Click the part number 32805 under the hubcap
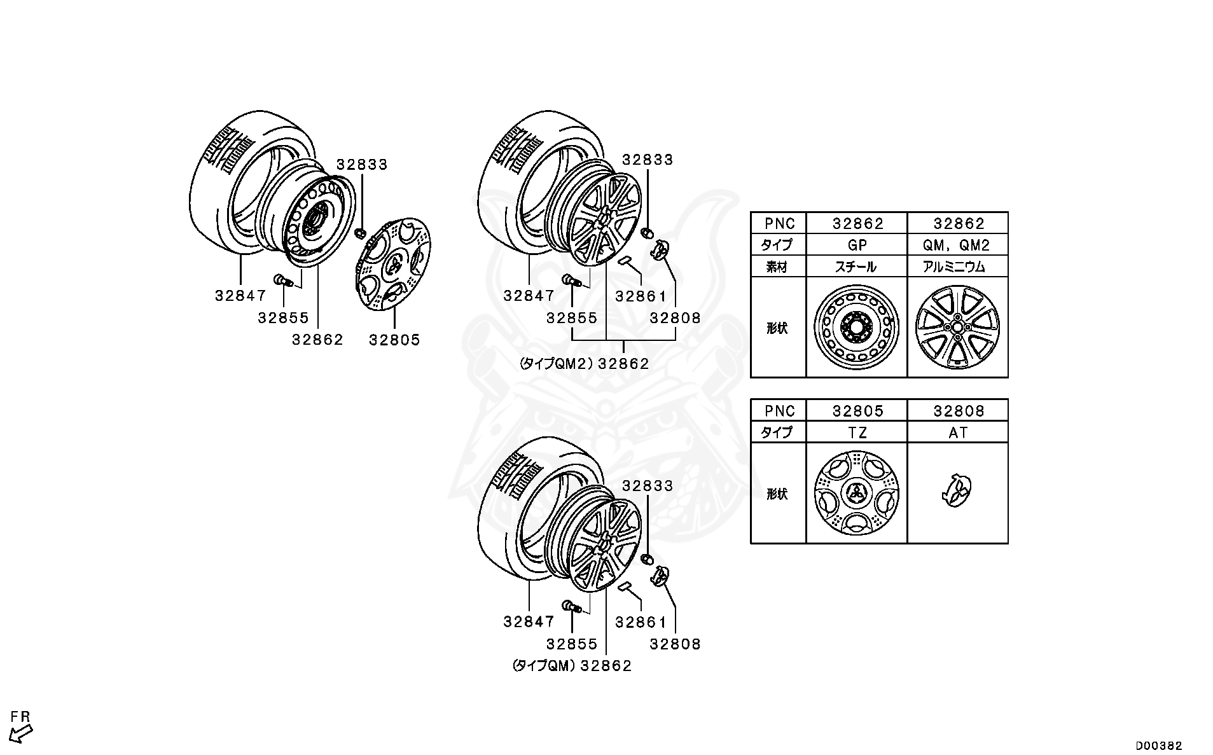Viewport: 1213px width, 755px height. click(394, 340)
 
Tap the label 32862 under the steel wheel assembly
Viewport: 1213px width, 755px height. click(317, 340)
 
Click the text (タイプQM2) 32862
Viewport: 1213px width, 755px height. click(584, 364)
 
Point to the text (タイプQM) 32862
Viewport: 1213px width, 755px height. click(572, 665)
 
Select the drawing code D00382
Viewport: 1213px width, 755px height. click(1159, 745)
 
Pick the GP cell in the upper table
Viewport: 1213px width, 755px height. click(856, 245)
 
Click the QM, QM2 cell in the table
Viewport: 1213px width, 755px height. click(958, 245)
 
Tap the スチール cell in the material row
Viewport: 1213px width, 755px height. click(856, 267)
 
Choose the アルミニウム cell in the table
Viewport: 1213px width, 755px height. click(958, 267)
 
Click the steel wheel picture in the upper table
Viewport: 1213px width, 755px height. click(856, 328)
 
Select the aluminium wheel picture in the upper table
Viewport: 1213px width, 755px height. click(958, 328)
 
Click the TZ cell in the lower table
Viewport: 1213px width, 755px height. click(856, 433)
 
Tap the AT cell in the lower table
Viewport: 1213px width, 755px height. click(958, 433)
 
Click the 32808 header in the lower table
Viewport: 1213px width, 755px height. click(958, 411)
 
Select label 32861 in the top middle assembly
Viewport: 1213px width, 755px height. click(641, 296)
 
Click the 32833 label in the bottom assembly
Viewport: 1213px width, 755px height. click(647, 486)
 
